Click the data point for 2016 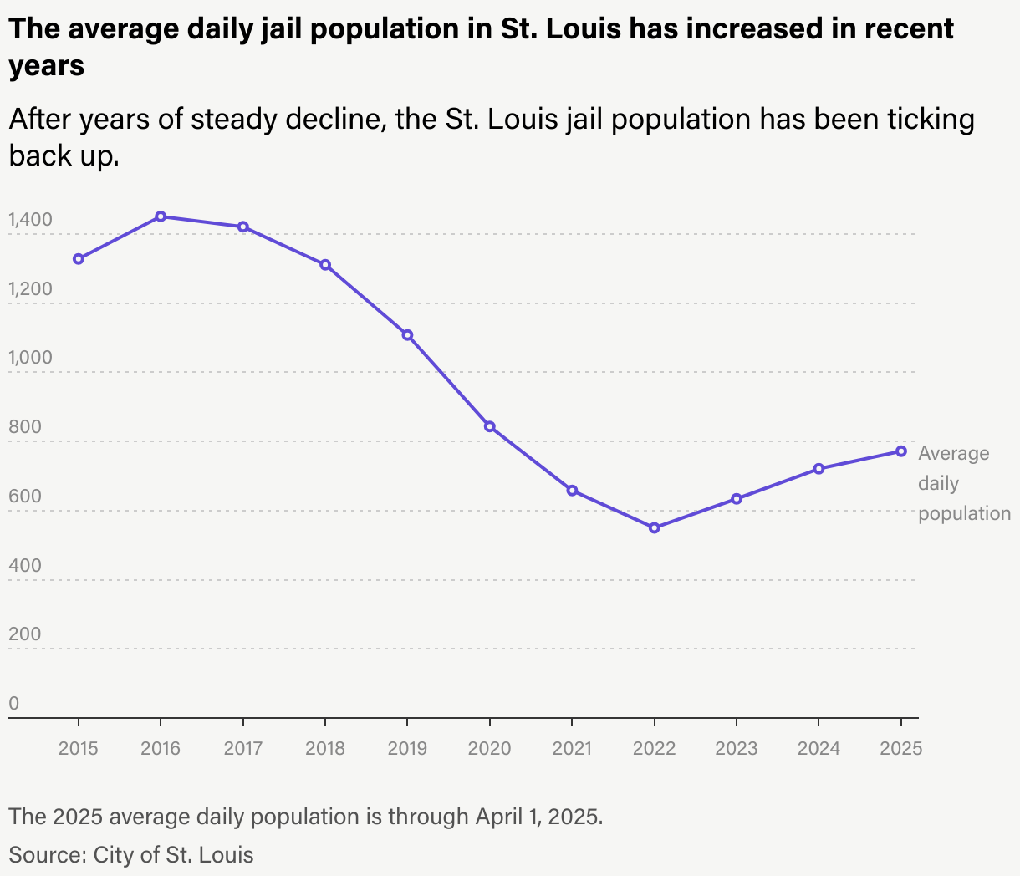[161, 216]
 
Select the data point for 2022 [655, 527]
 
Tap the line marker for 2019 [407, 335]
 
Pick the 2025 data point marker [901, 451]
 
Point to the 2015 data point [79, 259]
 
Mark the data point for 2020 [490, 426]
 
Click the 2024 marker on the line [819, 469]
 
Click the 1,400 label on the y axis [30, 220]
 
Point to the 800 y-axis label [24, 427]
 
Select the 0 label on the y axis [13, 704]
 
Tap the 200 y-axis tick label [24, 634]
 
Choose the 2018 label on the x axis [325, 748]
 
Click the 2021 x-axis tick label [572, 748]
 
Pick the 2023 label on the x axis [737, 748]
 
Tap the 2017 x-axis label [243, 748]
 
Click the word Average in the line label [953, 453]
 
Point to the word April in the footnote [499, 817]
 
